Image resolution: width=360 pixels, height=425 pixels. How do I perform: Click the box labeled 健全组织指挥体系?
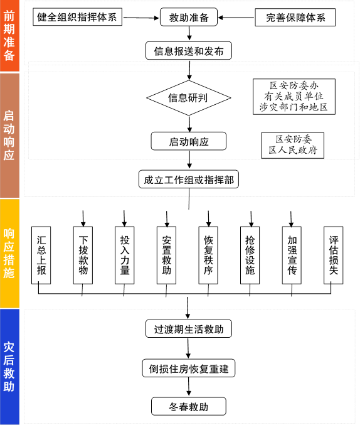(78, 17)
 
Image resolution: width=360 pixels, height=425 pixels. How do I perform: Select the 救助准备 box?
(189, 17)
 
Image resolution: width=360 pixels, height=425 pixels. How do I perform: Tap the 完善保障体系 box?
(295, 18)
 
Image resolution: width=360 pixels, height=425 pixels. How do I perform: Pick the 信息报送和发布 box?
(189, 51)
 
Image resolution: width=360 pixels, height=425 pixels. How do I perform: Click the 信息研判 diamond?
(189, 98)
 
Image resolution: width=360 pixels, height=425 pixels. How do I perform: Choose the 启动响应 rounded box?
(189, 141)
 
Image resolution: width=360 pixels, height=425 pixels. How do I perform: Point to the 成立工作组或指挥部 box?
(189, 179)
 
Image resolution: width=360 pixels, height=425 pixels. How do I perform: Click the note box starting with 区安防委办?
(294, 97)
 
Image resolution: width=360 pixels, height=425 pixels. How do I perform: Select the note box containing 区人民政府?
(292, 145)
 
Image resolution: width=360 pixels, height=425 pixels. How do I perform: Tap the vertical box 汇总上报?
(41, 256)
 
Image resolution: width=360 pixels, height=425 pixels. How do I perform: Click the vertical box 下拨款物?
(83, 256)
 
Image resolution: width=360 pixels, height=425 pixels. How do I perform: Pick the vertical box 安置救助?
(166, 256)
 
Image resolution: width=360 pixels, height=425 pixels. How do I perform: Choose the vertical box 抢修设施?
(250, 256)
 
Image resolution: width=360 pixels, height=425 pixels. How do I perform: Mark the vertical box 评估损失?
(334, 256)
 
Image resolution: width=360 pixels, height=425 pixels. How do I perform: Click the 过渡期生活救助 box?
(189, 329)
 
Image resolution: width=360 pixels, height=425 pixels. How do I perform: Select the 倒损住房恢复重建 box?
(189, 368)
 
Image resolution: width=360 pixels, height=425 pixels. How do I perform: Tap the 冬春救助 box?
(189, 406)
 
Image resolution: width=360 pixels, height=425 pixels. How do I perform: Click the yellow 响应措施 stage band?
(9, 254)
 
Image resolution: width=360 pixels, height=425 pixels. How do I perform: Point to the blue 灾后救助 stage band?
(9, 367)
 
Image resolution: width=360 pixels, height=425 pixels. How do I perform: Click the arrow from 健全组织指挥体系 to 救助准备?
(141, 18)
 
